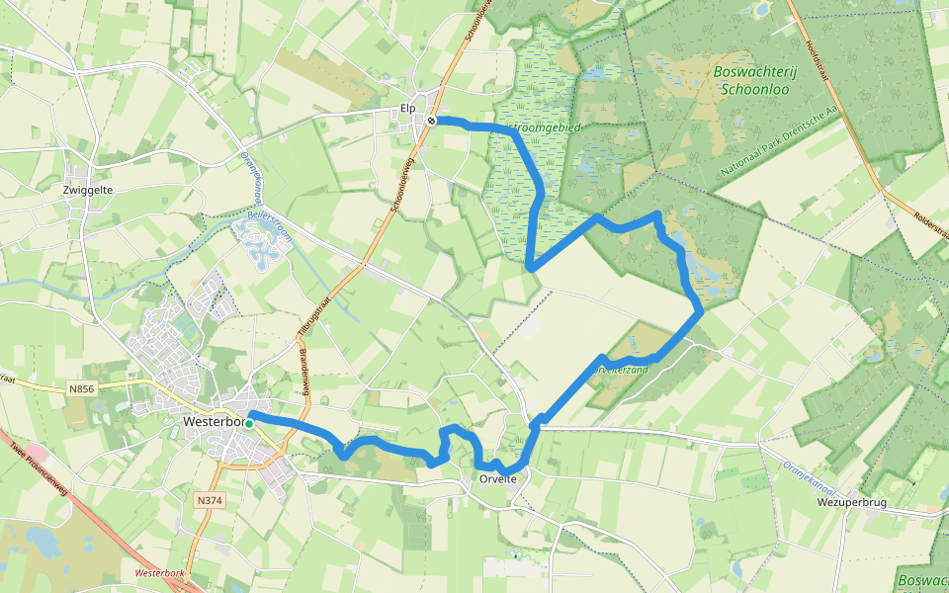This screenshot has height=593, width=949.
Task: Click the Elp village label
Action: (407, 108)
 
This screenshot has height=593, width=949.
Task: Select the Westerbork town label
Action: (213, 422)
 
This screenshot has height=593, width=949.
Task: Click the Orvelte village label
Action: (497, 479)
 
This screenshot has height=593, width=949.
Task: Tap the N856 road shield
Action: (82, 389)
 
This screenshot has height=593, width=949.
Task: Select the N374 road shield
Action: (210, 500)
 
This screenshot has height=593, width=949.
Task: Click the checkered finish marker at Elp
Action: (432, 121)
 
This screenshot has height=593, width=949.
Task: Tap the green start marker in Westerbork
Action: (249, 423)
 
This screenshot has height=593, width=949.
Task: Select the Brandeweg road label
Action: (303, 369)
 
